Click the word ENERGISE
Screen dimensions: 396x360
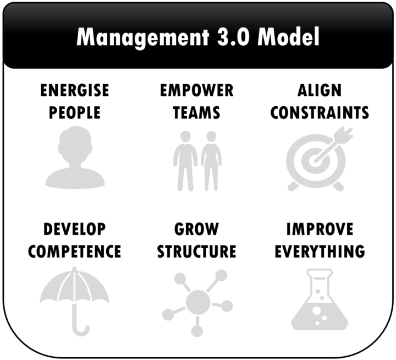[75, 90]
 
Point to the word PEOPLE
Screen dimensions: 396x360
[75, 113]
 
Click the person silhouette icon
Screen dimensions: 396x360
[75, 158]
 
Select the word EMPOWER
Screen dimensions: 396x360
[197, 90]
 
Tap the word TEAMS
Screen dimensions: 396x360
[197, 113]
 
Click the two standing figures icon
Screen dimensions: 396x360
[197, 160]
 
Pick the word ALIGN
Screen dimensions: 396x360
[319, 90]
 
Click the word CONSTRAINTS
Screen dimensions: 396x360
[320, 113]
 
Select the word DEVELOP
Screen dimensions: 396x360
[75, 229]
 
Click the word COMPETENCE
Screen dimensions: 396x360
[75, 252]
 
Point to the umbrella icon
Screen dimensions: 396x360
[75, 297]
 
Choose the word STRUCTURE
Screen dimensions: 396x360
[197, 252]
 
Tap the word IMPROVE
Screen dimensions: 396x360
[320, 229]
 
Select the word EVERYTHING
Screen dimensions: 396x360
[320, 252]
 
